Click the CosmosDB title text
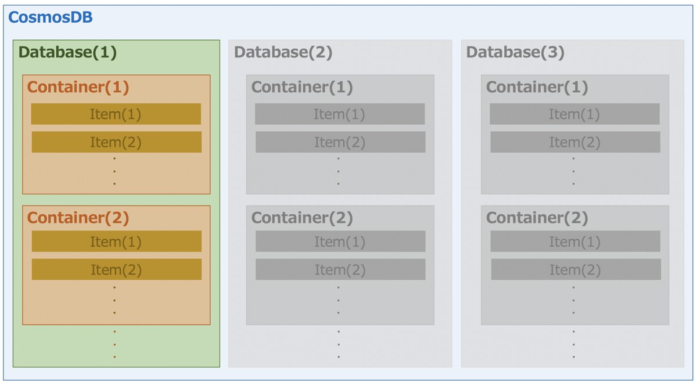click(x=51, y=17)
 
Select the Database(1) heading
click(x=68, y=52)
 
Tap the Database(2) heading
click(x=283, y=52)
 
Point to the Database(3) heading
click(x=516, y=52)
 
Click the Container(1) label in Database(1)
click(x=78, y=87)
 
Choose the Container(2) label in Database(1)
click(x=78, y=218)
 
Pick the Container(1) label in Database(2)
click(x=302, y=87)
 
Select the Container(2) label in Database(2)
click(x=302, y=218)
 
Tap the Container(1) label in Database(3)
click(x=537, y=87)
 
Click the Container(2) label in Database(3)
click(x=537, y=218)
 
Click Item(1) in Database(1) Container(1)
click(x=116, y=114)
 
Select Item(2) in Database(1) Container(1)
click(x=116, y=142)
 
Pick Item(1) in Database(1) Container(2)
click(x=116, y=241)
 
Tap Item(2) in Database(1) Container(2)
click(x=116, y=270)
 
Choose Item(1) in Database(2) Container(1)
click(x=340, y=114)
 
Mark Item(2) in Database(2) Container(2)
click(x=340, y=270)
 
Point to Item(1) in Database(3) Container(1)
click(x=574, y=114)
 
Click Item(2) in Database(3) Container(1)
click(x=575, y=142)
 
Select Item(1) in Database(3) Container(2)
click(x=575, y=241)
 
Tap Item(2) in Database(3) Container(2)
click(x=576, y=270)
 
